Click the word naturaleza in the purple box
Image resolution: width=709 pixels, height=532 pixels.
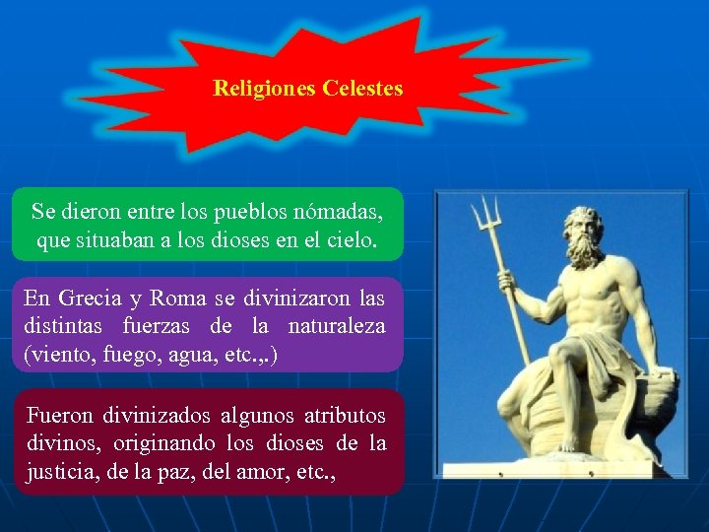click(x=337, y=325)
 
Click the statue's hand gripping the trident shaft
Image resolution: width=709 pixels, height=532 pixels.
click(x=507, y=283)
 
